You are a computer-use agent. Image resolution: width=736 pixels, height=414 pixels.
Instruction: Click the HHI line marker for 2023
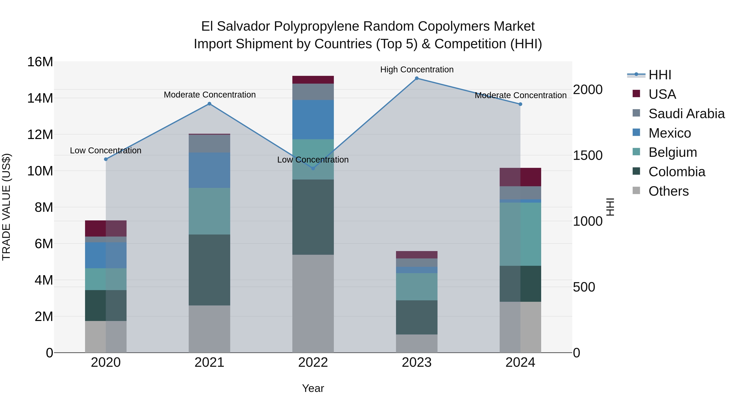point(417,78)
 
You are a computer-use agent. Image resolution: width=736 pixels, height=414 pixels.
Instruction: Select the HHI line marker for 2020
point(106,159)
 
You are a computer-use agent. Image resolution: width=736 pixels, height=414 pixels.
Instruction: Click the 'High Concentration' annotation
point(417,70)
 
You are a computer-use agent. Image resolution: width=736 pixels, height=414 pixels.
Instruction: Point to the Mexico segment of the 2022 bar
point(313,120)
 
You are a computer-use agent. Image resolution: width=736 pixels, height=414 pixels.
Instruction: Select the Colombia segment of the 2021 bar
point(209,270)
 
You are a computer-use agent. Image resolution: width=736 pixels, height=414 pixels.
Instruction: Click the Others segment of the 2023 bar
point(417,343)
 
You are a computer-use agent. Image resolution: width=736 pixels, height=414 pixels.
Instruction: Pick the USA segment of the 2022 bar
point(313,80)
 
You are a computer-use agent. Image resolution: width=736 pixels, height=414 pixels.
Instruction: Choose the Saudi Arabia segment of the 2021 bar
point(209,144)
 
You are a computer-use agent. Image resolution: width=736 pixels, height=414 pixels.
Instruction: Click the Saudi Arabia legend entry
point(686,114)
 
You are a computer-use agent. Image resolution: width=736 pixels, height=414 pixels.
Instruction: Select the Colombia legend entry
point(677,172)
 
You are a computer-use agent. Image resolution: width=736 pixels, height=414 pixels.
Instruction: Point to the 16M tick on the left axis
point(40,62)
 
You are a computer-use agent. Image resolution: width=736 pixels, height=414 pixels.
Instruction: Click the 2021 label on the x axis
point(209,362)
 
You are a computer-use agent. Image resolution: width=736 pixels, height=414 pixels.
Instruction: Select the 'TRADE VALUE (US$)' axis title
point(6,207)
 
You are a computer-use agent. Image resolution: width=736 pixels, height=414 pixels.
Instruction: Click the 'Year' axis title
point(313,388)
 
